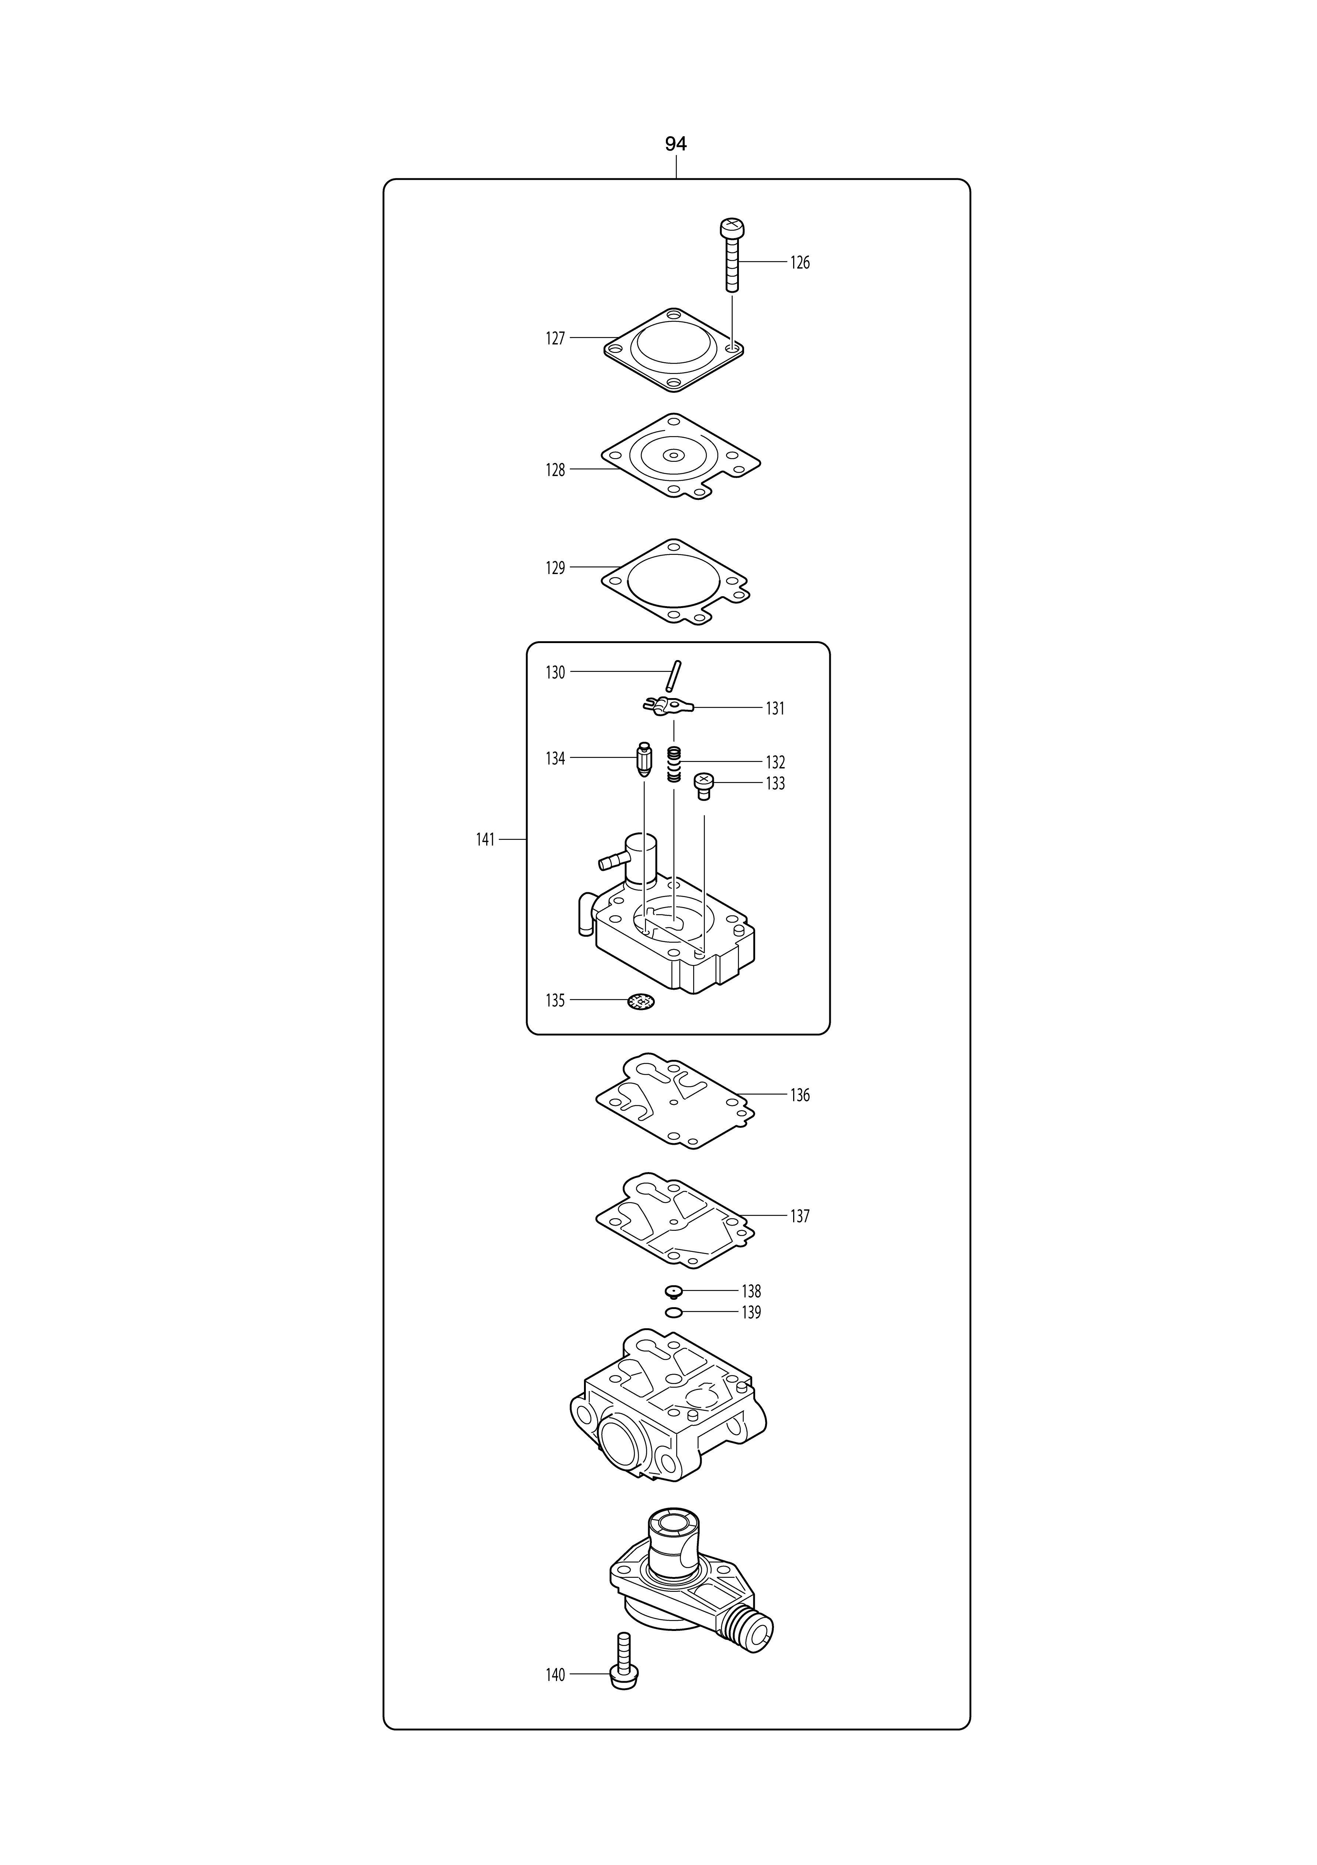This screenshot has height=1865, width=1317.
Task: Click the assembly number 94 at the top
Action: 675,144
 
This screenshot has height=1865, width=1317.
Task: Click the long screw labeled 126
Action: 732,255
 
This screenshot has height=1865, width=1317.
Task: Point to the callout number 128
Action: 555,470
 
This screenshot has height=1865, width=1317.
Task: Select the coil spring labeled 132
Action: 673,765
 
